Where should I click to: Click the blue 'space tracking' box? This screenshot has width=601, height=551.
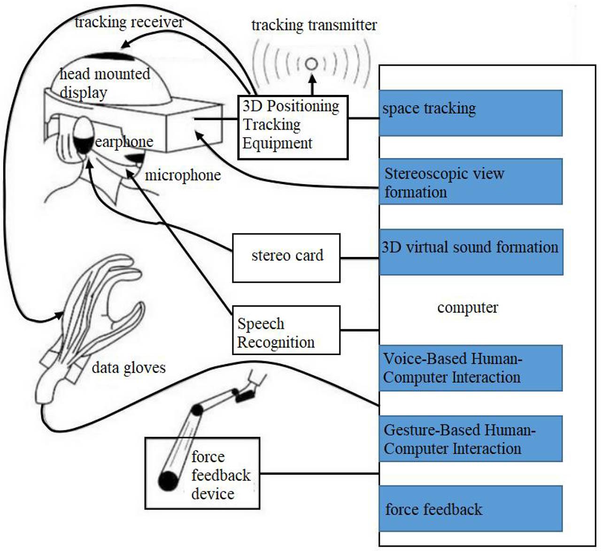coord(470,113)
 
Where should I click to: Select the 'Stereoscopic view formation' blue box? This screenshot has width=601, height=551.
coord(470,181)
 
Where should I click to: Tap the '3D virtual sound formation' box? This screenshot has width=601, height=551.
coord(470,252)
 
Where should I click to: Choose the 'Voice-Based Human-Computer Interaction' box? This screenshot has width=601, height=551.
coord(470,368)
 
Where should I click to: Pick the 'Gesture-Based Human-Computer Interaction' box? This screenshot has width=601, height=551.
coord(470,438)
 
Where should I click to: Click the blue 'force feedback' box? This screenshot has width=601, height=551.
coord(470,509)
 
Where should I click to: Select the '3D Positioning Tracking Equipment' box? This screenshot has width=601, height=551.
coord(293,127)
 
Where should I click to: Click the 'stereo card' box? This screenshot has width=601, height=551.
coord(286,258)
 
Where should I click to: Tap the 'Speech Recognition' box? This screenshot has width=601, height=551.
coord(286,330)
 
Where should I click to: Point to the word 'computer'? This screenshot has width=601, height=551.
coord(467,308)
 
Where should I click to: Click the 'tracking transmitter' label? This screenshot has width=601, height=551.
coord(314,25)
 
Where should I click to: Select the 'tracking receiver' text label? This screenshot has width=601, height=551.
coord(129,22)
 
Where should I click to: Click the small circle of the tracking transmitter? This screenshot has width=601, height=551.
coord(311,64)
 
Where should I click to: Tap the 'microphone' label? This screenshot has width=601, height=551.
coord(183,175)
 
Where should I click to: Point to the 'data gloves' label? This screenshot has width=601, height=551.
coord(129,367)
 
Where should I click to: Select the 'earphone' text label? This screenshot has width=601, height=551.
coord(124,141)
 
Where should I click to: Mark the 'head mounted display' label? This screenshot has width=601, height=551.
coord(104,83)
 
